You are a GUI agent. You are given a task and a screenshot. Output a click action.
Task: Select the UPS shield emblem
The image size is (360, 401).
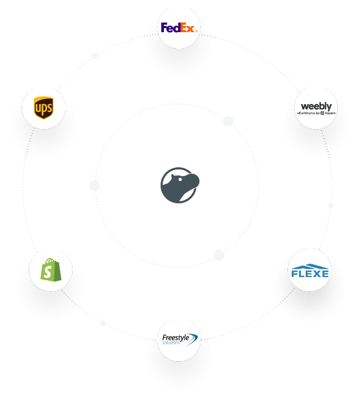click(x=43, y=107)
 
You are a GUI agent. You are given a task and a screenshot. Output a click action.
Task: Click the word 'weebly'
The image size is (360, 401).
click(x=316, y=106)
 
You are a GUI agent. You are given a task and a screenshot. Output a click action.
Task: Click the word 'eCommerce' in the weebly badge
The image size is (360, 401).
click(x=307, y=113)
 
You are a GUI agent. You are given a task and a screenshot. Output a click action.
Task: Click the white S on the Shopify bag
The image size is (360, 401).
click(x=51, y=272)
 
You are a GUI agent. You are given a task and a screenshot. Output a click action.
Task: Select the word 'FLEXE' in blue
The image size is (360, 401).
click(x=310, y=273)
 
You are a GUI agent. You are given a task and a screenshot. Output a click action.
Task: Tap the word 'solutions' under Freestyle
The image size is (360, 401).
click(x=172, y=342)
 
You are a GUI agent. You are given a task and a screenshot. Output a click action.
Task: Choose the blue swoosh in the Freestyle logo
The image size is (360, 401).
click(x=191, y=340)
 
